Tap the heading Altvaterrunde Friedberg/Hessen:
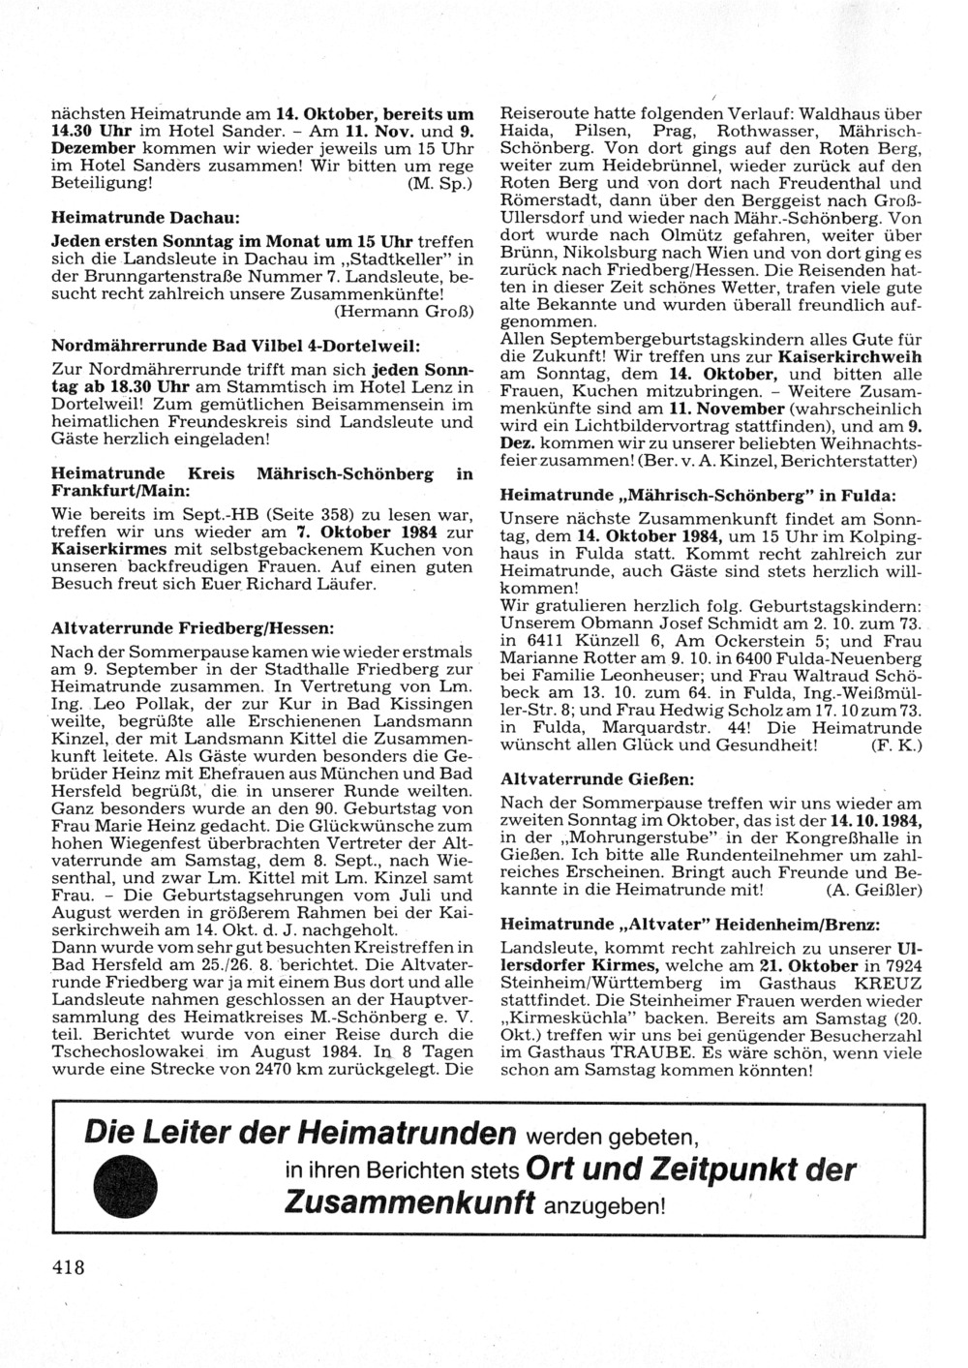tap(192, 628)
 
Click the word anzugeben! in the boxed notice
tap(606, 1206)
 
